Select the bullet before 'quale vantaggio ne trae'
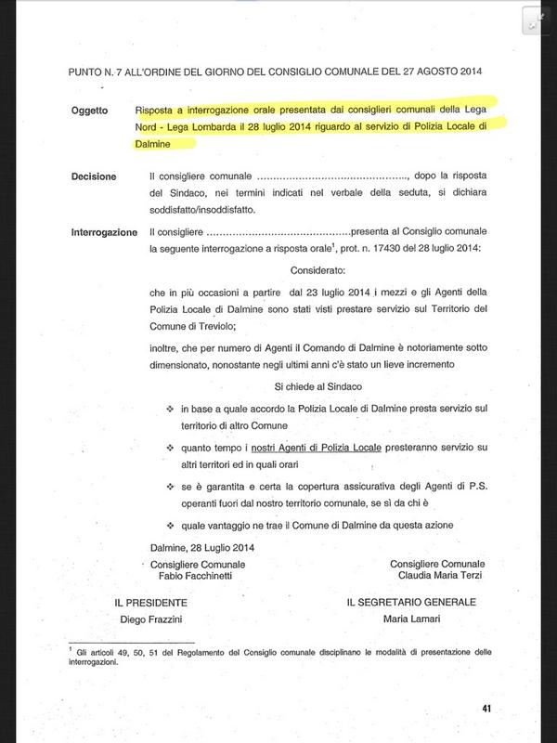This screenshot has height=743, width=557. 170,524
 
